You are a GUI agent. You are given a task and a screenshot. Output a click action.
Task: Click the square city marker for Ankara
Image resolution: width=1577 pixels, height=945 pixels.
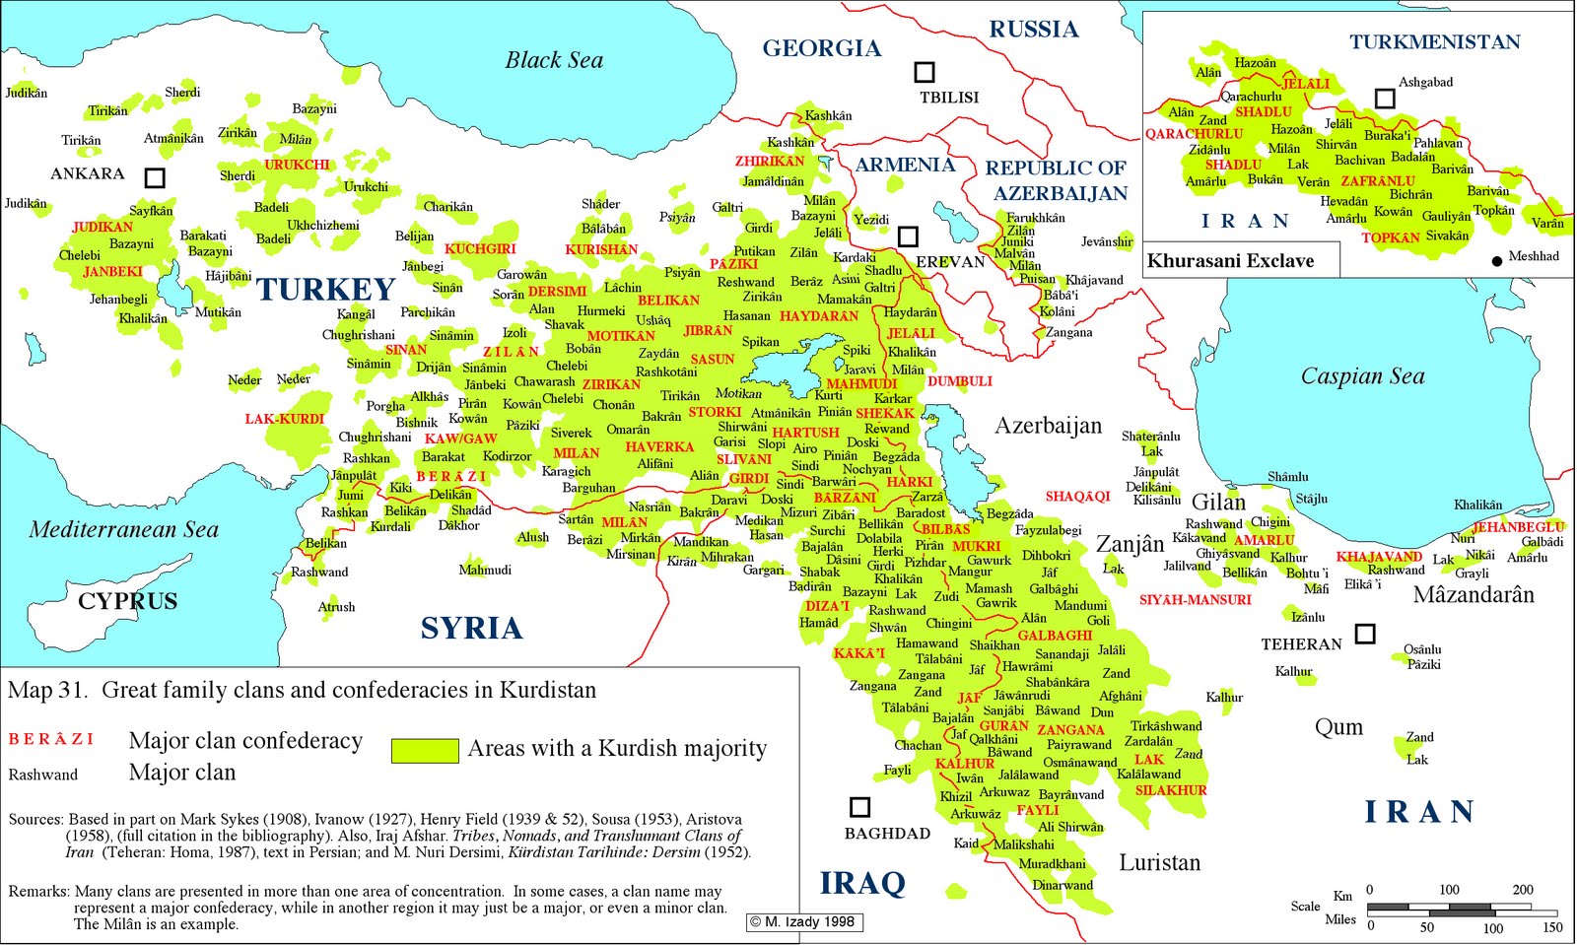click(155, 177)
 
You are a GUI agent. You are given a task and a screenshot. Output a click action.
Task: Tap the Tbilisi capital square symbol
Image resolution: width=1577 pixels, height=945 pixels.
click(924, 72)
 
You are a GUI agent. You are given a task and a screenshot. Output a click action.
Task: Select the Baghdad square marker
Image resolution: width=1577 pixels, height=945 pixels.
click(859, 807)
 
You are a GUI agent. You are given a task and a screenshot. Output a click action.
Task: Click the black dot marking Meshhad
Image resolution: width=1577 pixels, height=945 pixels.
click(1497, 261)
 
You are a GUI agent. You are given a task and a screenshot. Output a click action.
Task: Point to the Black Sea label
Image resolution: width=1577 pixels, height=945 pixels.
click(554, 61)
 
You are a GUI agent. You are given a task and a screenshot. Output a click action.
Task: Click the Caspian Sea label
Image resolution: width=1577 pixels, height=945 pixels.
click(1362, 376)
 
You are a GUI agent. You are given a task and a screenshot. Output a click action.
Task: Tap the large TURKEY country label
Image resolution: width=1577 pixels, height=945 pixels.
click(325, 290)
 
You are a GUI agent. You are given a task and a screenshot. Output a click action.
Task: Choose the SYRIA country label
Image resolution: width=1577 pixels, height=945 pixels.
click(471, 628)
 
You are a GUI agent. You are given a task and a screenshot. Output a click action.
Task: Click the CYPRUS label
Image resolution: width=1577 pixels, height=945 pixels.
click(128, 601)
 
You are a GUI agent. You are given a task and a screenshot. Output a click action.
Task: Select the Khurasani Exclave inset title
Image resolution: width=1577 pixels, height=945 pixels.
click(1230, 261)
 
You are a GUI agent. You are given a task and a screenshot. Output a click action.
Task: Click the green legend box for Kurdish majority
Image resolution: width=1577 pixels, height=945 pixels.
click(425, 750)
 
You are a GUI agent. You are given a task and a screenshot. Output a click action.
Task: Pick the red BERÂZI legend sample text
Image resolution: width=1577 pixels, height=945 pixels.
click(51, 739)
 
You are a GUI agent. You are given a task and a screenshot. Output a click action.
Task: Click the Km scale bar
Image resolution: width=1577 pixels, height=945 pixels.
click(1462, 907)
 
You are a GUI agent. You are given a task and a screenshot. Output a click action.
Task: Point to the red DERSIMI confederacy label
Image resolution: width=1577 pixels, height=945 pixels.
click(557, 292)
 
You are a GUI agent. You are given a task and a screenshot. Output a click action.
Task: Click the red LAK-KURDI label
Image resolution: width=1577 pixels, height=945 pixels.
click(284, 419)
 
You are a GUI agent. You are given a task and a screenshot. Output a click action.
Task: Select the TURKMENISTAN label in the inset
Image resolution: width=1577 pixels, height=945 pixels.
click(1434, 42)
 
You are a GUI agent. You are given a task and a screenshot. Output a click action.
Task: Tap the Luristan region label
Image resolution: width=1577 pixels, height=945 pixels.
click(1159, 863)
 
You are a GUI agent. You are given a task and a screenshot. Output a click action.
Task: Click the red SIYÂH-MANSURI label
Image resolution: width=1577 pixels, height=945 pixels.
click(1195, 599)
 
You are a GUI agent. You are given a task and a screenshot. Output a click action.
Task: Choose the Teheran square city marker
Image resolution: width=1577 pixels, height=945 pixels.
click(1364, 634)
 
